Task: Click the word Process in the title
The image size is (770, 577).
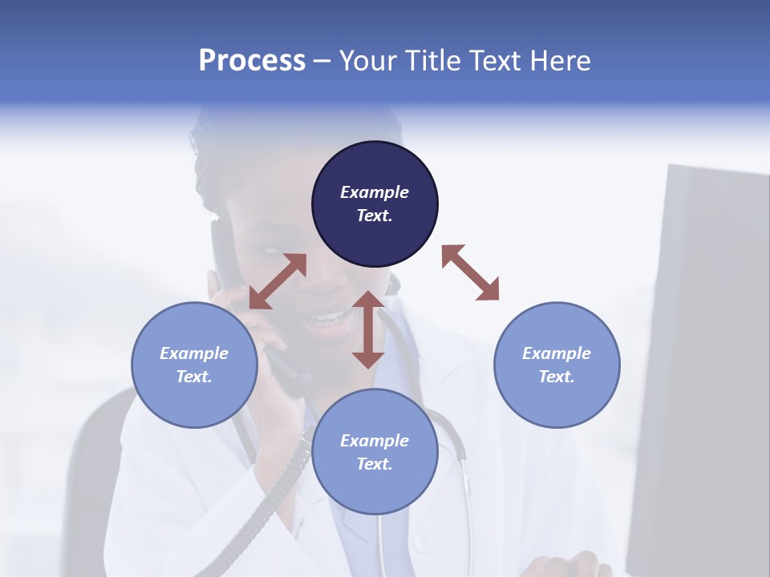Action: tap(252, 61)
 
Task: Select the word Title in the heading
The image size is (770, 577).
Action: tap(429, 61)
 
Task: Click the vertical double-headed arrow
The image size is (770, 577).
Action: tap(368, 329)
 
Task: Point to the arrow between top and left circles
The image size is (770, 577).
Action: tap(278, 281)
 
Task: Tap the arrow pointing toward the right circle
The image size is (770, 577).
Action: tap(470, 272)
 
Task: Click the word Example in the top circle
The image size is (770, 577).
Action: tap(375, 192)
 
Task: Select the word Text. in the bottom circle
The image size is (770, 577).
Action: tap(375, 464)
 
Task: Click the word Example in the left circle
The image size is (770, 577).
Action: tap(194, 353)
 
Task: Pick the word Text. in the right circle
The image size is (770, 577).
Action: tap(557, 377)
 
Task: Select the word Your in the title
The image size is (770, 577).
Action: tap(366, 61)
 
